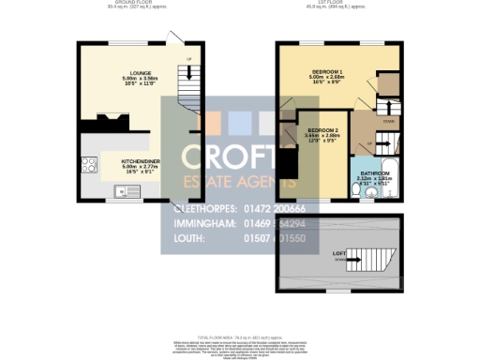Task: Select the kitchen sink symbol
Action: [x=122, y=193]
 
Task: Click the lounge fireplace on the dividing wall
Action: [x=106, y=118]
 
